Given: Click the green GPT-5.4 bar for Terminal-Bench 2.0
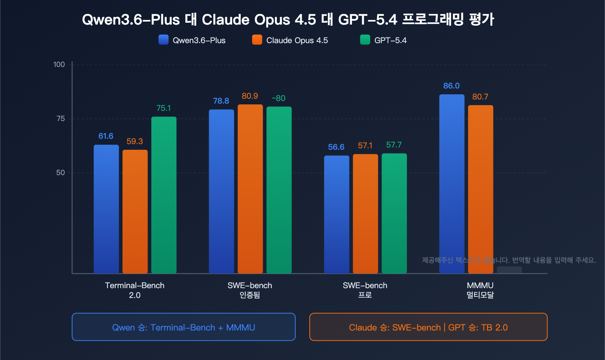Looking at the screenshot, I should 164,195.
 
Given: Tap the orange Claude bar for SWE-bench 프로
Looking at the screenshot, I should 365,214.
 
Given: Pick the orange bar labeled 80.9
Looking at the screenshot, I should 250,189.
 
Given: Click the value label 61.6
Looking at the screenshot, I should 106,136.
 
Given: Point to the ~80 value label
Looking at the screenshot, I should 279,98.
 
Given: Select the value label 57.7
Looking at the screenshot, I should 394,145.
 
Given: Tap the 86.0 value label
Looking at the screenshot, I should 451,86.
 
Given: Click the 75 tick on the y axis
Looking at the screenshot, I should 60,119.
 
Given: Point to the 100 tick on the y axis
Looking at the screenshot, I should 59,65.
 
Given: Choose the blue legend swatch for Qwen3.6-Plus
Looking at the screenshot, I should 163,40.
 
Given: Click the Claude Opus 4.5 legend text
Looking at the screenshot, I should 297,40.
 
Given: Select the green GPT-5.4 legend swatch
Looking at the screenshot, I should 365,40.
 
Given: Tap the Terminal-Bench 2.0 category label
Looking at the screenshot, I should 135,290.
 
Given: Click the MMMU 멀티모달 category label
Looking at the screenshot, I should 480,290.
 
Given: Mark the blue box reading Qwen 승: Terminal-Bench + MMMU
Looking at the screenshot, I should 183,327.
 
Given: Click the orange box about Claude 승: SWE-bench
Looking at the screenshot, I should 428,327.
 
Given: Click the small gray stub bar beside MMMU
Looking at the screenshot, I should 509,270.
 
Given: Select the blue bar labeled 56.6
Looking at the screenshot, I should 337,214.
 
